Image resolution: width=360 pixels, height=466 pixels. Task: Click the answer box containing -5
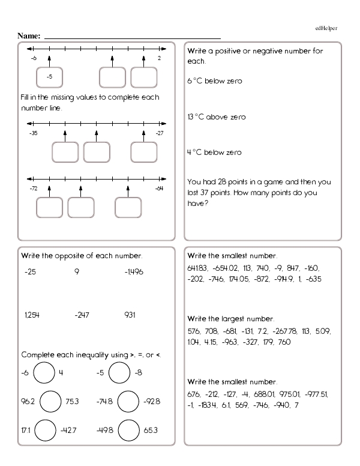click(49, 77)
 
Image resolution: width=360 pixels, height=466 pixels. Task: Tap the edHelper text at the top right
click(326, 28)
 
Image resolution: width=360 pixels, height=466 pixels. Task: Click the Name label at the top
click(29, 36)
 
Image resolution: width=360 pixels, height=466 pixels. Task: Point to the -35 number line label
click(33, 133)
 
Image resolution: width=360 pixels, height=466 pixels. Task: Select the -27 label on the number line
click(159, 133)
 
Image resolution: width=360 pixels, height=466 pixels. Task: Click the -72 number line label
click(33, 189)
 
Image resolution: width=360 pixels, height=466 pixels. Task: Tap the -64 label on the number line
click(159, 189)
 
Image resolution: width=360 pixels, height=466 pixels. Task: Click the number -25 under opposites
click(30, 272)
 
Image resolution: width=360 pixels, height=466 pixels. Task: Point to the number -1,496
click(134, 272)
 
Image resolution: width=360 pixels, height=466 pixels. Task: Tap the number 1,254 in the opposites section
click(31, 315)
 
